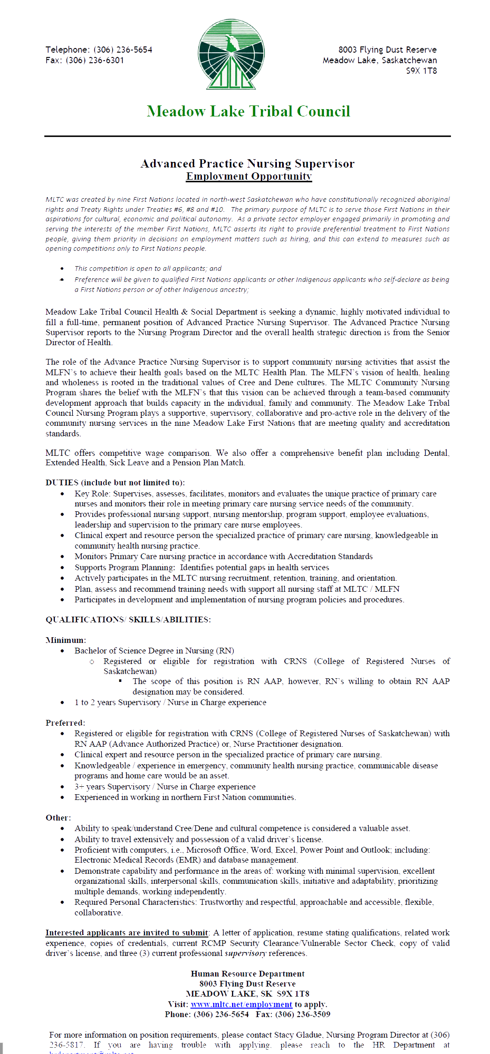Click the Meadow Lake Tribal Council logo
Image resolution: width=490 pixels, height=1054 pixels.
point(231,54)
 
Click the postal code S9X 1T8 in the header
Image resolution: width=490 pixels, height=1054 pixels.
point(421,71)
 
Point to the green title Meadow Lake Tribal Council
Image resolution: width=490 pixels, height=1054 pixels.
point(248,111)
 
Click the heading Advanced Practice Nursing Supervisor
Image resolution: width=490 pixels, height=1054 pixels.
point(247,164)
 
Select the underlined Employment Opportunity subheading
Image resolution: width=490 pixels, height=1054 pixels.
point(249,176)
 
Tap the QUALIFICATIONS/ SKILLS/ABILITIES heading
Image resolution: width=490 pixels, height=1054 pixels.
point(128,620)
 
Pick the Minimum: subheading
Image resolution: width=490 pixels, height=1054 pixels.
point(65,640)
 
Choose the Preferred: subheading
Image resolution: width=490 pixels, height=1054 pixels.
point(65,723)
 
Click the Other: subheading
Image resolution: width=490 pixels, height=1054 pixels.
point(58,818)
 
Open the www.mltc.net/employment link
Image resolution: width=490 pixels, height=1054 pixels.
point(241,1004)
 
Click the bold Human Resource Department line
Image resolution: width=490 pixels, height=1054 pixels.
point(247,974)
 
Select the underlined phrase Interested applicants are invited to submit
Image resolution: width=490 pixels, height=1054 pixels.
point(127,933)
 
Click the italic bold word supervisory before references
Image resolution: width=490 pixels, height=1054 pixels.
point(245,953)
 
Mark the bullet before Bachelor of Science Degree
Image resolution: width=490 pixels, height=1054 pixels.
point(62,651)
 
